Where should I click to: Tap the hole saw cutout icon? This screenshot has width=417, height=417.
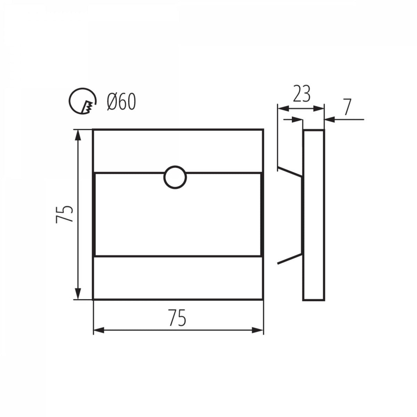click(x=83, y=101)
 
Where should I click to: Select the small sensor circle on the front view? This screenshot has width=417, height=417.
click(x=175, y=177)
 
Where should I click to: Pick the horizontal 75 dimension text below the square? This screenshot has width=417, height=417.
click(x=178, y=317)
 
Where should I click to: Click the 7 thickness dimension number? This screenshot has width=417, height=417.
click(x=347, y=107)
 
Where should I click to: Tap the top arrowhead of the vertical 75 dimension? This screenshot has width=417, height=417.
click(x=78, y=136)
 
